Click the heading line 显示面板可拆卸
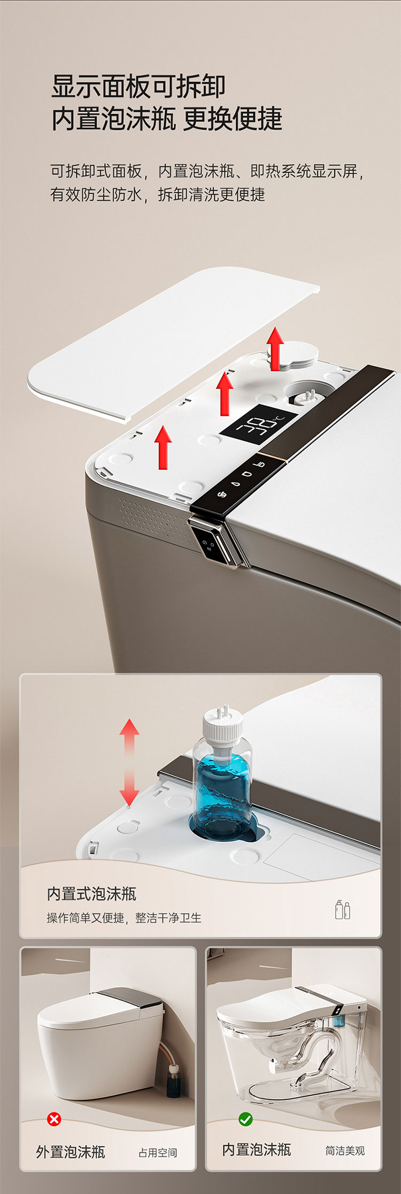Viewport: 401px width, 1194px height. tap(138, 86)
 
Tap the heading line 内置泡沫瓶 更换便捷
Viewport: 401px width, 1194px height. tap(167, 119)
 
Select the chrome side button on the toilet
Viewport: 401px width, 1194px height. tap(211, 542)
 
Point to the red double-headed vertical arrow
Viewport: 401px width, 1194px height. tap(129, 762)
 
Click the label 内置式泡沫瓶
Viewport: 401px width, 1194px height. tap(91, 893)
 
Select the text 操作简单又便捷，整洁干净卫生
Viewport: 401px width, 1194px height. tap(124, 918)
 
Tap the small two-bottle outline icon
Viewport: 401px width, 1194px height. tap(343, 909)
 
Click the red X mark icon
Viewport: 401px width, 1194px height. tap(54, 1119)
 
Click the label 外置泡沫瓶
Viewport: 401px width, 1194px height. tap(70, 1152)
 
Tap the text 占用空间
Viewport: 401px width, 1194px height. tap(158, 1153)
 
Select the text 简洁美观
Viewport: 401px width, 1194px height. tap(345, 1151)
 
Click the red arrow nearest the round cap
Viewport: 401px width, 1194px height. tap(275, 348)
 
